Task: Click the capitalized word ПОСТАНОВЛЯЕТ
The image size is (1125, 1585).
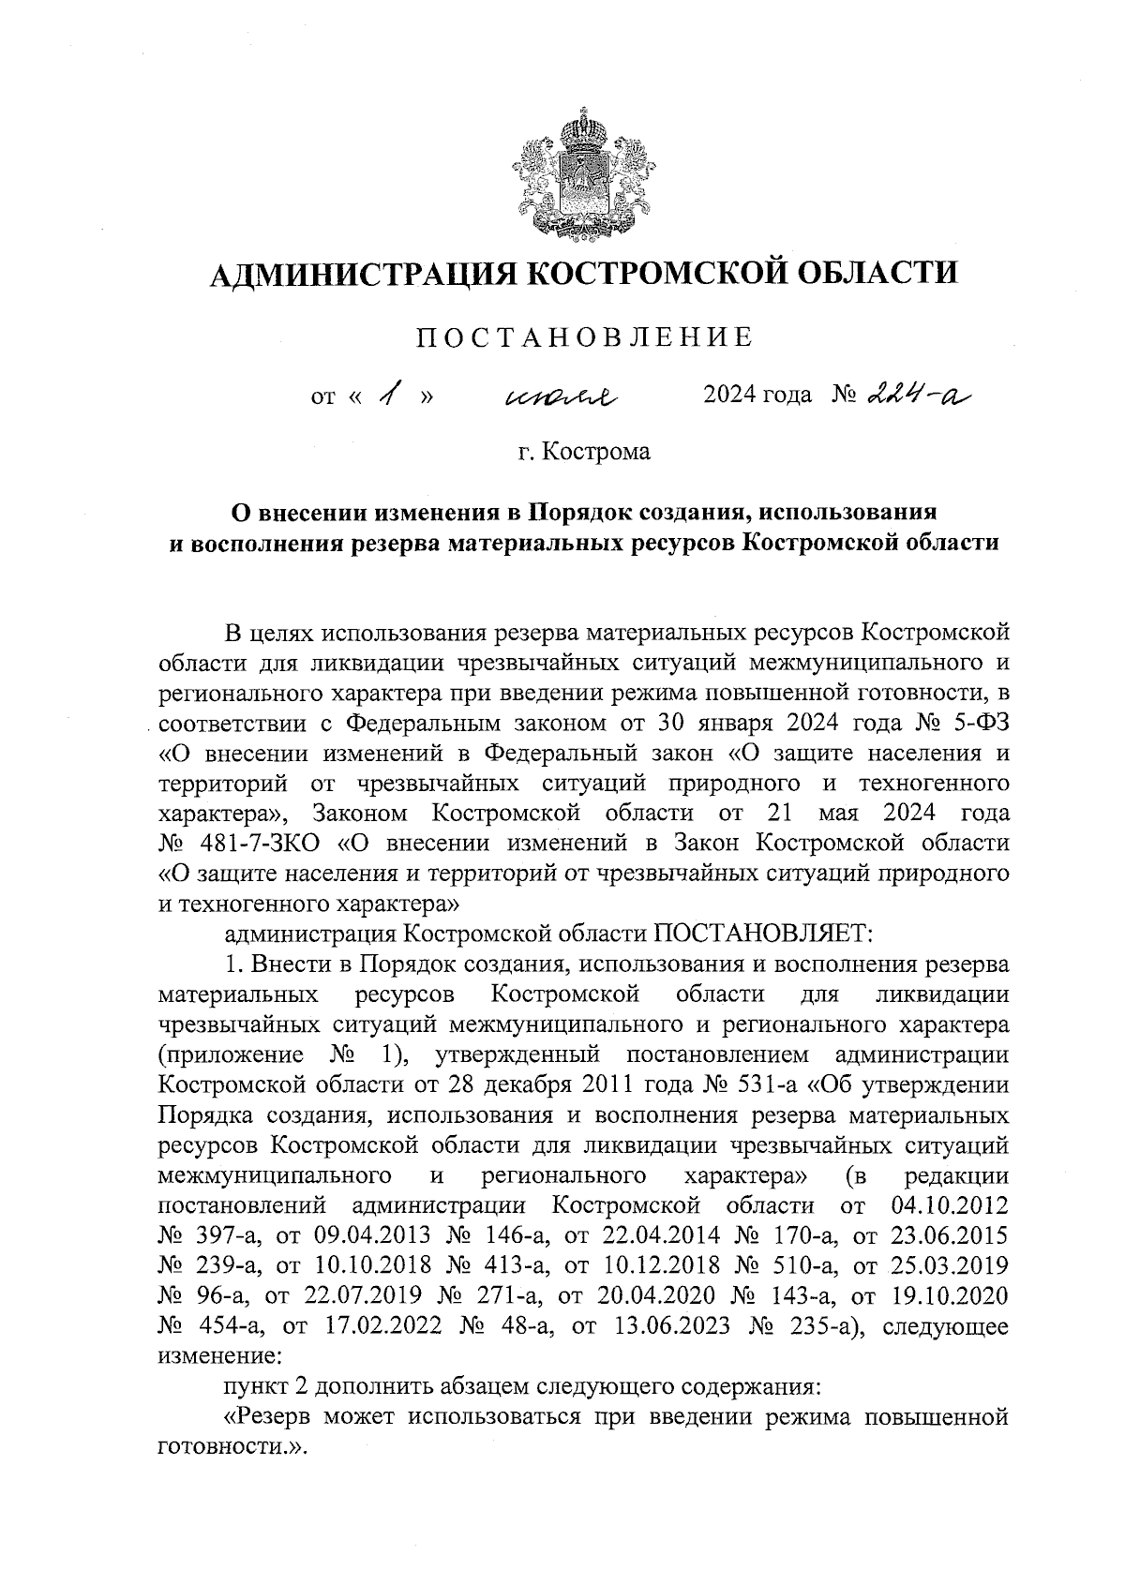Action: (763, 934)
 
